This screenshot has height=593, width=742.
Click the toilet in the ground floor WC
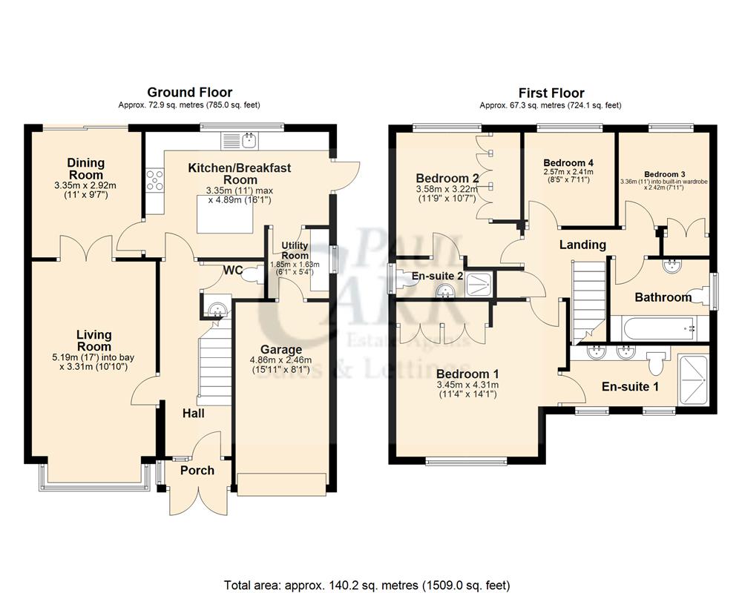pos(252,275)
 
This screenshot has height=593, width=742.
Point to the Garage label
pos(280,350)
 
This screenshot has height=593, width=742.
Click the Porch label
pos(197,470)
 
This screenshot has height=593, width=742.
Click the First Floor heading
pos(551,93)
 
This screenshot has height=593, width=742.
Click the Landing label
pos(582,245)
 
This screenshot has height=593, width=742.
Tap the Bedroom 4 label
pos(568,162)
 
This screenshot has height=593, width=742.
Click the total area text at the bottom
pos(367,583)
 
